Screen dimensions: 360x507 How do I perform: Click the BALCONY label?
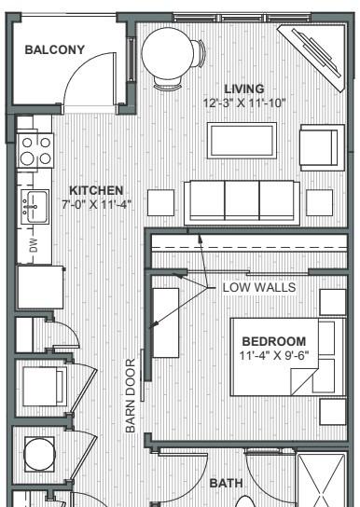click(55, 49)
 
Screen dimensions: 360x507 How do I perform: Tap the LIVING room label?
click(244, 89)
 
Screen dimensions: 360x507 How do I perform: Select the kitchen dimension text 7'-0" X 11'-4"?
click(96, 204)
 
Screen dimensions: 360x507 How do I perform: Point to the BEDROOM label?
click(274, 341)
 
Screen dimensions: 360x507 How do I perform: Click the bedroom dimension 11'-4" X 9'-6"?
click(274, 355)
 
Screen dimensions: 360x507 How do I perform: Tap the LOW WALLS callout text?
click(259, 287)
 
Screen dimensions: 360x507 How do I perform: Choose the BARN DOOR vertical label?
click(130, 395)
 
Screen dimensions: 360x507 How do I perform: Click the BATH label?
click(226, 483)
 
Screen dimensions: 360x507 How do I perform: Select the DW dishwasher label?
click(34, 245)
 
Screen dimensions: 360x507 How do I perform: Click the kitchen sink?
click(35, 207)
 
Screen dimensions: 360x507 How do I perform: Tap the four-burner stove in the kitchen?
click(35, 151)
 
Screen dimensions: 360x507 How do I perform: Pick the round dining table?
click(168, 53)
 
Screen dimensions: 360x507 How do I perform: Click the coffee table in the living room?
click(242, 141)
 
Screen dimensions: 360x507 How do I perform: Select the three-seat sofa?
click(242, 203)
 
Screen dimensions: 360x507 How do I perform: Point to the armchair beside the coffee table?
click(322, 148)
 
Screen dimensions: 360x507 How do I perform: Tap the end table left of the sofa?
click(160, 203)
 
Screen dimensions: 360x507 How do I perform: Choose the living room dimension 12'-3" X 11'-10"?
click(244, 103)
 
